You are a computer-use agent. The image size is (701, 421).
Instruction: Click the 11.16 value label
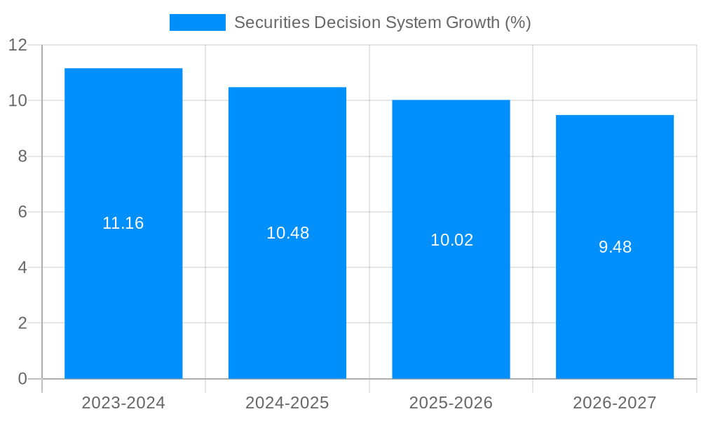click(x=123, y=223)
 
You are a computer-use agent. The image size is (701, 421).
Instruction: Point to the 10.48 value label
click(x=287, y=233)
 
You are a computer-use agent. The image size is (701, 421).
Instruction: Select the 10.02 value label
click(x=451, y=240)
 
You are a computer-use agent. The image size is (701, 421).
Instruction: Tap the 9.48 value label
click(x=615, y=247)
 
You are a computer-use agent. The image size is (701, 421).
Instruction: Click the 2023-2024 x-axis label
click(x=123, y=403)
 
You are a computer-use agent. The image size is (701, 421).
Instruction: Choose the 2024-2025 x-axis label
click(x=287, y=403)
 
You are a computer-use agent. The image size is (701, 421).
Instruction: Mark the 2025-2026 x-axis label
click(x=451, y=403)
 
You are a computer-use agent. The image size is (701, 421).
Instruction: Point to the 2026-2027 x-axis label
click(x=615, y=403)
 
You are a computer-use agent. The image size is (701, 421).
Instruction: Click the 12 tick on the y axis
click(x=18, y=45)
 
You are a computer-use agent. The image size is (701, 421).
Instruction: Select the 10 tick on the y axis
click(x=18, y=100)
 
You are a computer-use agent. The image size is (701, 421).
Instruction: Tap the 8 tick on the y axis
click(x=22, y=156)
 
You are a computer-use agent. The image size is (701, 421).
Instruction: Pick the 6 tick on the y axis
click(x=22, y=212)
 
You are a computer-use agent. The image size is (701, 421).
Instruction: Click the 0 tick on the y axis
click(x=22, y=379)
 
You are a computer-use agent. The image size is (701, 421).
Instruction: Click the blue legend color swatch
click(x=198, y=22)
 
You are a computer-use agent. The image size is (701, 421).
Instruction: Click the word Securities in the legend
click(x=271, y=22)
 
